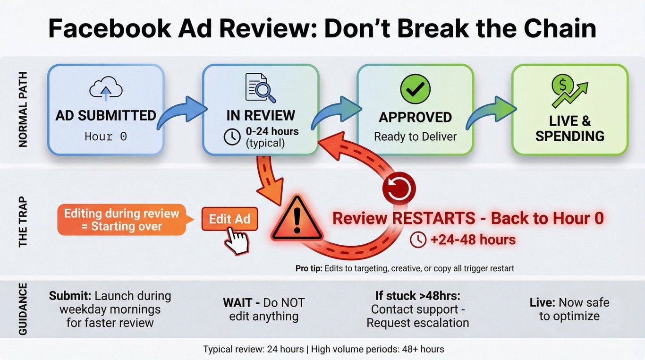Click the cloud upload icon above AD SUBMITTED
point(106,88)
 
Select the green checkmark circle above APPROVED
point(415,89)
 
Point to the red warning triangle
point(297,219)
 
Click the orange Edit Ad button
point(229,219)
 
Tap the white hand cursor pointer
point(237,241)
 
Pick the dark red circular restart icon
point(399,189)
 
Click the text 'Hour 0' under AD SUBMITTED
point(106,137)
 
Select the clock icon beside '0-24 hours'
point(232,137)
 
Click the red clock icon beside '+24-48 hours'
point(418,240)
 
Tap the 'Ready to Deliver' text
point(415,137)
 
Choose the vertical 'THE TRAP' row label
point(23,222)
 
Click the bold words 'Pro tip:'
point(309,268)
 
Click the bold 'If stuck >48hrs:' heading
point(417,296)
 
